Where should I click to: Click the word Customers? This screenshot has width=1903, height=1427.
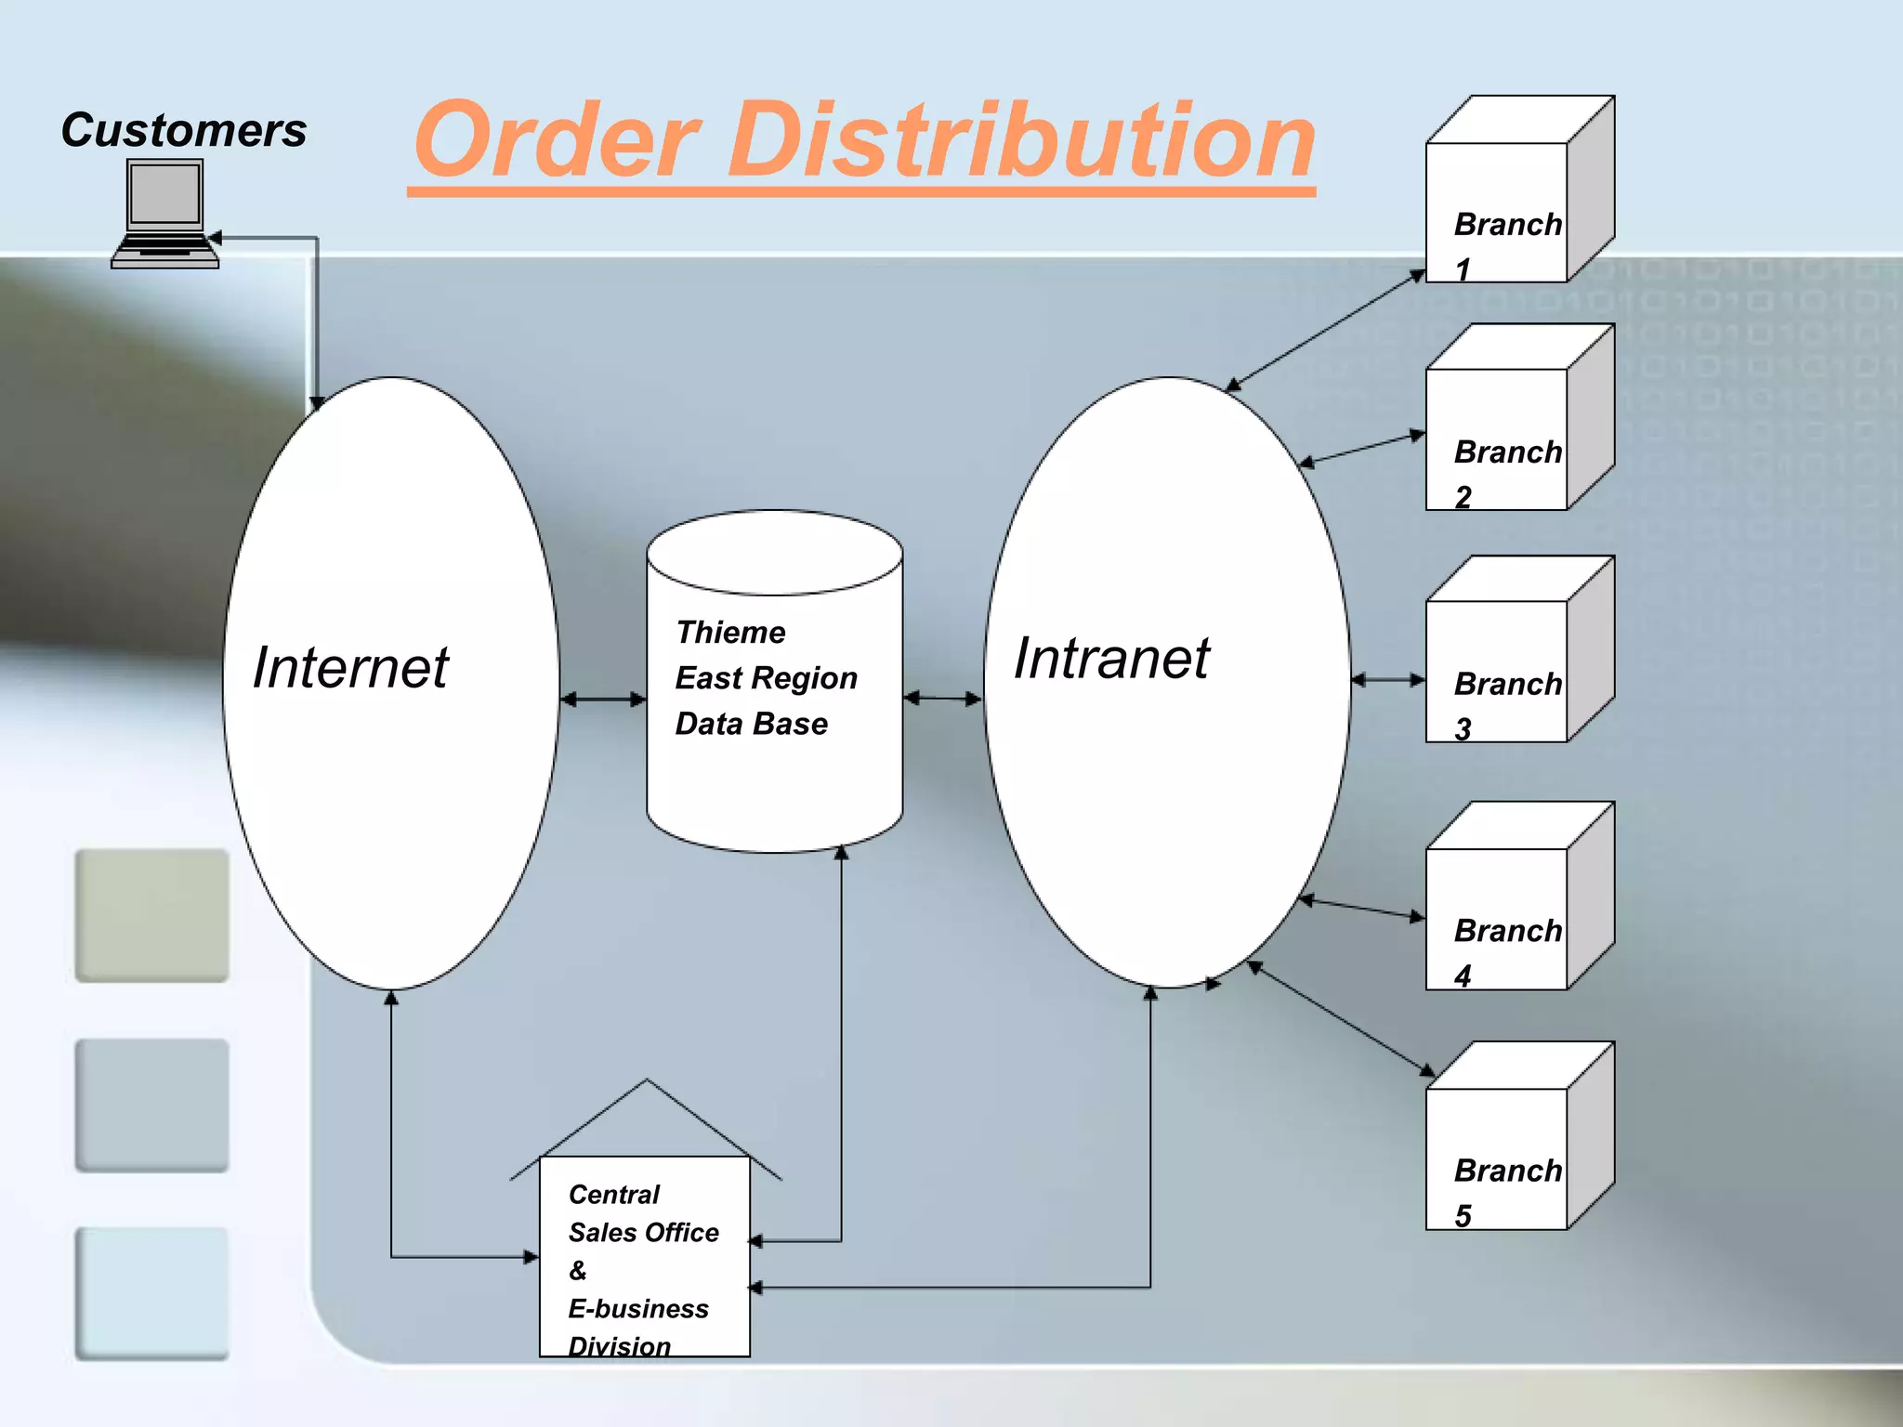183,130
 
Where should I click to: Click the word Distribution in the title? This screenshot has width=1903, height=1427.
1022,140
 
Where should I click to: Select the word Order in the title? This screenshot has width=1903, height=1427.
558,140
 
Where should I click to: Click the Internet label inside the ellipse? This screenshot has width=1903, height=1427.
350,667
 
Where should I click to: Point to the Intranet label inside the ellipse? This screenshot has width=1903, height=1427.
1111,658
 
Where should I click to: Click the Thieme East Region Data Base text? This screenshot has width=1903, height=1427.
765,678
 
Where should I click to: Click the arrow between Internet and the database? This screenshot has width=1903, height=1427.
603,699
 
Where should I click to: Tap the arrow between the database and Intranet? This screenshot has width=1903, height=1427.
942,698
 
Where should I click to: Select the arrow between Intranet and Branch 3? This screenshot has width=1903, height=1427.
1387,680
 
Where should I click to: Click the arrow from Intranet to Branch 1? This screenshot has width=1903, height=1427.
1326,331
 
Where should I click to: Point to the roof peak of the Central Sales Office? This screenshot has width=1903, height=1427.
647,1081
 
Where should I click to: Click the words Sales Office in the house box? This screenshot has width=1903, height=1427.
643,1233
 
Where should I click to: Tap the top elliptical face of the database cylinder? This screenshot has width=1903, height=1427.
774,552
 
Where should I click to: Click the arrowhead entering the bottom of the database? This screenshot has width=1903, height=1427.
841,853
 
